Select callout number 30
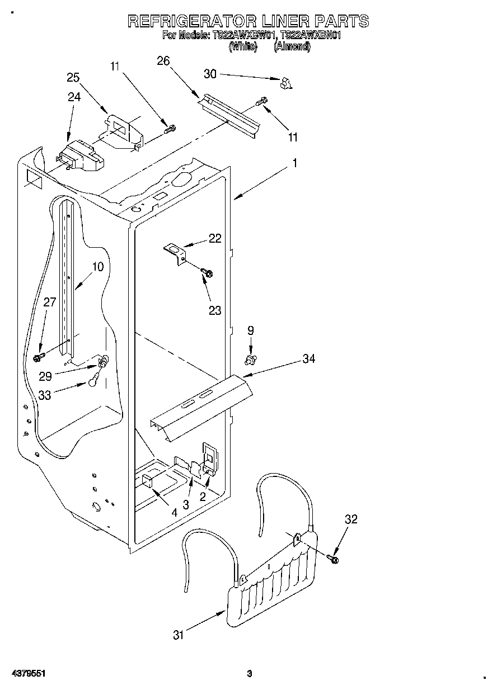(x=210, y=73)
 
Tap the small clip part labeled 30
(x=287, y=83)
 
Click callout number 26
(x=163, y=61)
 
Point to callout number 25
(x=73, y=78)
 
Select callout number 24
(x=74, y=97)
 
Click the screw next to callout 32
(x=334, y=558)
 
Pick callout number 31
(x=179, y=635)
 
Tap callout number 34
(x=308, y=358)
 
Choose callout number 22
(x=215, y=238)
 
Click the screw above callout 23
(x=207, y=273)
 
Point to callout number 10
(x=97, y=267)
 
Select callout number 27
(x=50, y=303)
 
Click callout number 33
(x=45, y=395)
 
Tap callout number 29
(x=45, y=376)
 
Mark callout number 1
(x=295, y=163)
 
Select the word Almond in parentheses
(x=292, y=47)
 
